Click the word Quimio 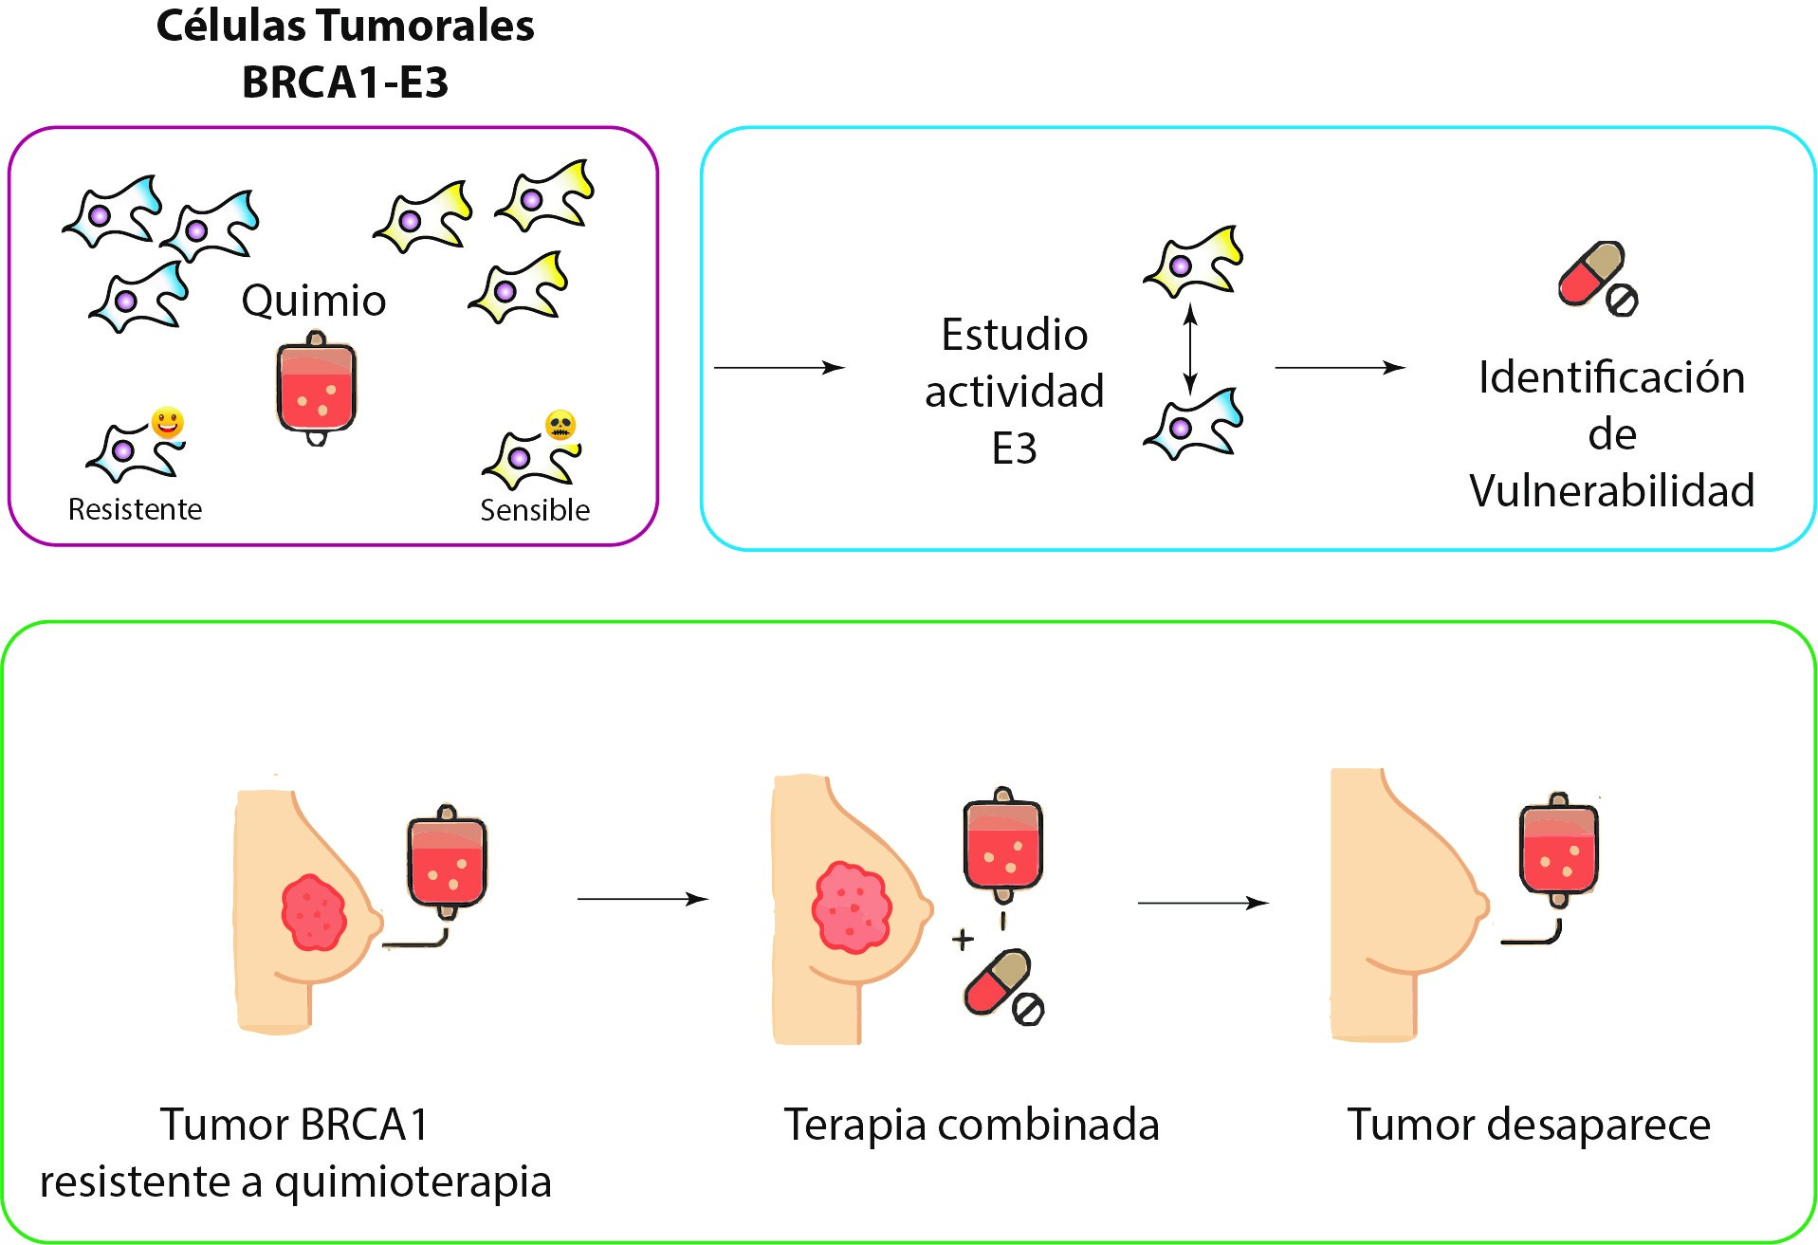tap(314, 301)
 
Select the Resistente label tap(135, 509)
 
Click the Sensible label tap(535, 510)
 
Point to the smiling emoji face tap(168, 422)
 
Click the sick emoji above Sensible tap(560, 425)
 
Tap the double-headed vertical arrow tap(1191, 348)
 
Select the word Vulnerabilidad tap(1611, 490)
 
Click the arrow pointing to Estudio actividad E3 tap(779, 367)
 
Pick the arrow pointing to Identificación tap(1339, 367)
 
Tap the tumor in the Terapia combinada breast tap(851, 906)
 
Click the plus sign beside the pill tap(963, 939)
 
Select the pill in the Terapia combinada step tap(1001, 986)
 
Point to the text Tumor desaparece tap(1529, 1125)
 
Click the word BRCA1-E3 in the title tap(345, 82)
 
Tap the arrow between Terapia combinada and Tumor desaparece tap(1203, 903)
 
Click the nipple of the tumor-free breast tap(1480, 906)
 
